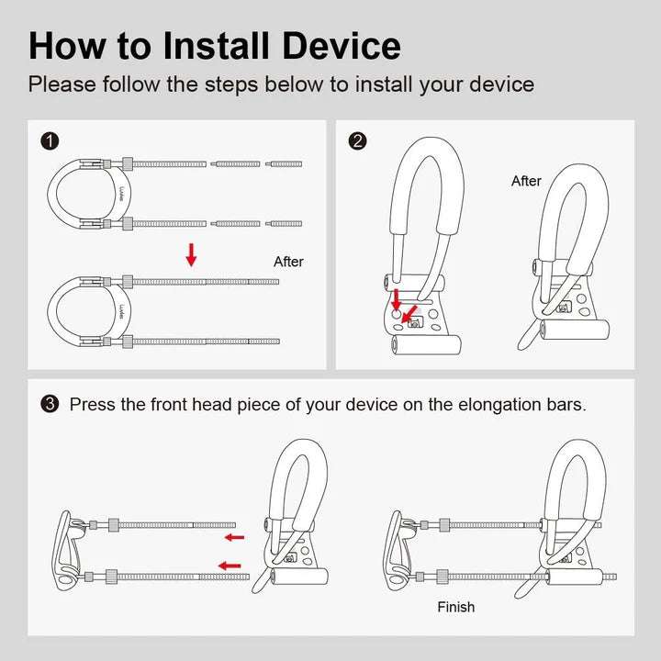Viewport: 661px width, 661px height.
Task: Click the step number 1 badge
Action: coord(50,140)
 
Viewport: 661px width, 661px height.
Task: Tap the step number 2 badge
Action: coord(358,140)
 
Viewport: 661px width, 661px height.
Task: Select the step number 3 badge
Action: coord(50,404)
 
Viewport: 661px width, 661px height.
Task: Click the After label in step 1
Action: coord(288,262)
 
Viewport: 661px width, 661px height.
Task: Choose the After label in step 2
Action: coord(526,181)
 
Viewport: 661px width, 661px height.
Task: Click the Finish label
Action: coord(456,607)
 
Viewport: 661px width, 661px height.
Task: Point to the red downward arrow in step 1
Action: coord(191,255)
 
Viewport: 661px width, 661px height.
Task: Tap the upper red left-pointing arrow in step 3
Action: coord(235,537)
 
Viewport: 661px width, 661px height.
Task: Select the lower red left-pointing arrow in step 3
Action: coord(230,566)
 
